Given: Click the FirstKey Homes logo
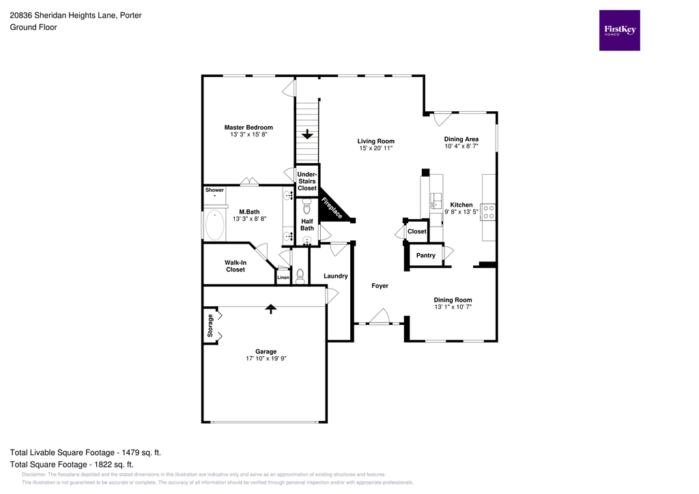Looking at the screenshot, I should click(x=619, y=30).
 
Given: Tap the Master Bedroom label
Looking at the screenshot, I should click(x=248, y=128).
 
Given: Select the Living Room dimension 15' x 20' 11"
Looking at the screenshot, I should click(x=376, y=148).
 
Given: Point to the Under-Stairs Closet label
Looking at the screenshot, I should click(x=307, y=181).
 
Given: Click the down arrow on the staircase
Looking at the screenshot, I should click(x=307, y=134).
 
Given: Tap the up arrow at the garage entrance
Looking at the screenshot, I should click(x=271, y=309).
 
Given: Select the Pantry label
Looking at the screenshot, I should click(x=426, y=255).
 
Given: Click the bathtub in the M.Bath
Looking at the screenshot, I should click(x=215, y=224).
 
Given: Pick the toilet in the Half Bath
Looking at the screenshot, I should click(x=306, y=204).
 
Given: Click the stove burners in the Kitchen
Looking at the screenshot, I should click(x=489, y=212).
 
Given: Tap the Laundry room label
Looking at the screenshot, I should click(x=336, y=276).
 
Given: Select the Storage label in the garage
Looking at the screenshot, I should click(x=210, y=325).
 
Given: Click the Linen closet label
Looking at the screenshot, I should click(x=283, y=278).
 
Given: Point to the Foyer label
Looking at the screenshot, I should click(x=380, y=286).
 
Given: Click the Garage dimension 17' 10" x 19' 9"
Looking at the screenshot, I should click(x=266, y=359).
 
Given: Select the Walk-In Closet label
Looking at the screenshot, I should click(x=235, y=266).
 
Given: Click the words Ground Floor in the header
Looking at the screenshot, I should click(x=33, y=27).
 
